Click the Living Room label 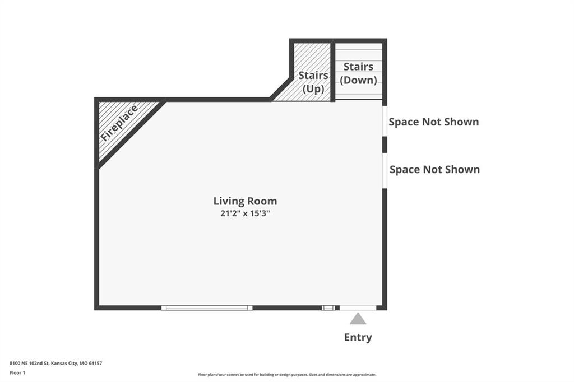click(245, 201)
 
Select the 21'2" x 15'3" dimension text click(245, 213)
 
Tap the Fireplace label click(119, 123)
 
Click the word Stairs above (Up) click(313, 76)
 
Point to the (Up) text click(313, 89)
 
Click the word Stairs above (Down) click(358, 67)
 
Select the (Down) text click(358, 80)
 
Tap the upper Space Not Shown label click(433, 122)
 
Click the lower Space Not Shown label click(434, 169)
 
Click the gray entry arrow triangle click(358, 319)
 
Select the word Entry click(358, 337)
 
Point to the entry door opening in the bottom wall click(358, 308)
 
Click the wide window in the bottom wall click(207, 308)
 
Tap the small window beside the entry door click(328, 308)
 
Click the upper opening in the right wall click(385, 122)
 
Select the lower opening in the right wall click(385, 171)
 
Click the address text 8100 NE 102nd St click(29, 364)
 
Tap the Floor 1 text click(17, 373)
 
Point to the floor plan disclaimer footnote click(287, 375)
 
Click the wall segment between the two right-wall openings click(385, 145)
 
